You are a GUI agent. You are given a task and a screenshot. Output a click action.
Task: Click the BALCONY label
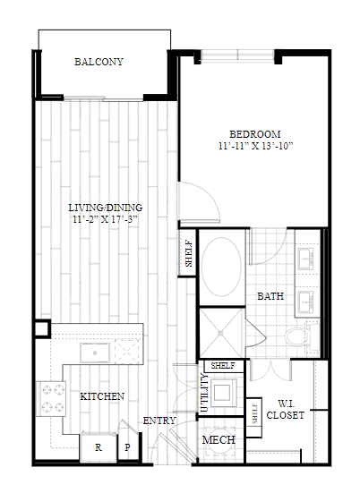point(99,62)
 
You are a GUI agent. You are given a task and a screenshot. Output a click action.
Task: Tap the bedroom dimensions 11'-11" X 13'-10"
point(255,146)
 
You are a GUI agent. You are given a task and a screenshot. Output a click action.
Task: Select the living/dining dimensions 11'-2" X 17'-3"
point(106,219)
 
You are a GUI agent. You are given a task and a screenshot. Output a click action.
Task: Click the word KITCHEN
point(102,396)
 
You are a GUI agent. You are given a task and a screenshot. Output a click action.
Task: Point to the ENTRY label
point(159,421)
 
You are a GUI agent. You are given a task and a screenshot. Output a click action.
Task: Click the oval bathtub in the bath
point(221,267)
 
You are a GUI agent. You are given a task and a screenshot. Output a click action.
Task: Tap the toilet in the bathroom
point(302,337)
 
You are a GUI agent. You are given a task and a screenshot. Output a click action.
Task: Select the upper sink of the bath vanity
point(305,259)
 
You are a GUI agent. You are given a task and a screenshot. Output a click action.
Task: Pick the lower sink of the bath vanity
point(305,302)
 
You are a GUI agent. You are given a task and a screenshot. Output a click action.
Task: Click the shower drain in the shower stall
point(221,333)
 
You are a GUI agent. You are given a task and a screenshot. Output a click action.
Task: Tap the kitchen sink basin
point(95,353)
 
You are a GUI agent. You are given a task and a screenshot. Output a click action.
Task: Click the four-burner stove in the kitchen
point(51,399)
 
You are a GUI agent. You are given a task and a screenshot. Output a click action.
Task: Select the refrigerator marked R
point(99,447)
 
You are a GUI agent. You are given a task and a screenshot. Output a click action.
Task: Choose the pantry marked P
point(127,447)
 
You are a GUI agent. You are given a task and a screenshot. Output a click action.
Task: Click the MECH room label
point(219,440)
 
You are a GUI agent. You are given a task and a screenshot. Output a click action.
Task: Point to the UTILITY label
point(204,393)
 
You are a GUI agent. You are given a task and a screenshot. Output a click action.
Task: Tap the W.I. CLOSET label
point(285,410)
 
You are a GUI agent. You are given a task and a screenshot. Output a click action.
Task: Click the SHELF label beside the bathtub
point(188,253)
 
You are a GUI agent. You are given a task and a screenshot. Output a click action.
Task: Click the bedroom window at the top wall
point(237,54)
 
